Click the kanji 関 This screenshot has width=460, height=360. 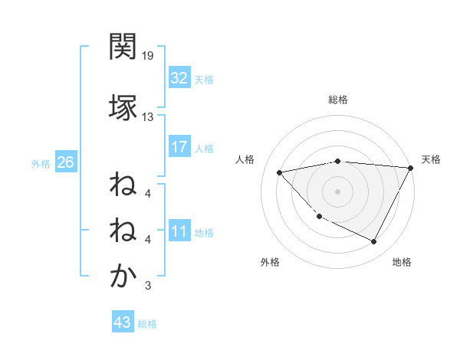(x=123, y=47)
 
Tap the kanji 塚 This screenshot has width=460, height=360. (x=123, y=105)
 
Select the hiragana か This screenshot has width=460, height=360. (x=123, y=277)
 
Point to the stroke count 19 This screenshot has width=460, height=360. (x=148, y=56)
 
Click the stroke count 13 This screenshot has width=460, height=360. (x=148, y=117)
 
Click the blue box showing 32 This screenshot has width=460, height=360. (x=179, y=78)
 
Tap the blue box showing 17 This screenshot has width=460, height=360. (x=179, y=147)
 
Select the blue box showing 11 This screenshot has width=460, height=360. (x=179, y=232)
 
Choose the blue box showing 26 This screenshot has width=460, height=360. (x=65, y=162)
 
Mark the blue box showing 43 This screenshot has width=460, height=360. (x=123, y=322)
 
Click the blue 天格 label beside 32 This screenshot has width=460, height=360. (x=204, y=79)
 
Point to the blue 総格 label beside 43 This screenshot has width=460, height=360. (x=148, y=324)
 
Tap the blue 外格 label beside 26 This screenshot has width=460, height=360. (x=41, y=163)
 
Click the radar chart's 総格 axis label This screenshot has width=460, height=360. (x=338, y=100)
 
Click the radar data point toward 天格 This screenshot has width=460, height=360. (x=411, y=168)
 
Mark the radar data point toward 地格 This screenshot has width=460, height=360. (x=374, y=242)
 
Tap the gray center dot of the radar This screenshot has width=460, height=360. (x=338, y=191)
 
